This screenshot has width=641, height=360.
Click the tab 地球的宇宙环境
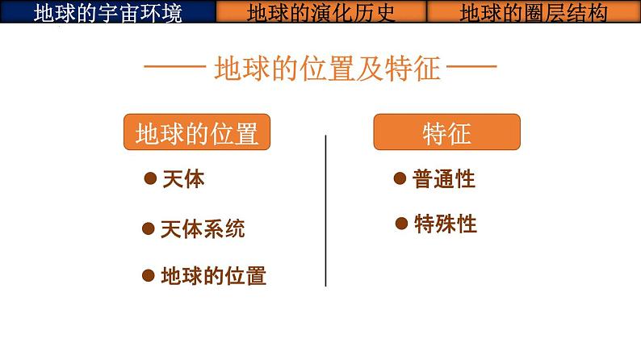point(108,11)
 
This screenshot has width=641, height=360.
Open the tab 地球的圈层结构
point(534,11)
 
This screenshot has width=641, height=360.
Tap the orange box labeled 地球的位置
point(196,132)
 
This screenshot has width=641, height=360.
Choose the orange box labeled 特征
point(446,132)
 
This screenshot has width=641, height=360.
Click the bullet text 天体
point(183,178)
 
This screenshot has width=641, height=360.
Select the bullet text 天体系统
point(203,228)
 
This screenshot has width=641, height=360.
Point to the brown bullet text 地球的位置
point(214,276)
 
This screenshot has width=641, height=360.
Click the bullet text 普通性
point(444,179)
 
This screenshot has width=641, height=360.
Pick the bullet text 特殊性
point(445,224)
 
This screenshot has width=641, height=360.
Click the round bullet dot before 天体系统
point(148,228)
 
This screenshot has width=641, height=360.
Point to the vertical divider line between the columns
point(325,210)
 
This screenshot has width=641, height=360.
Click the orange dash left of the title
point(171,69)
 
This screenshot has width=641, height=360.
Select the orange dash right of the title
point(471,69)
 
